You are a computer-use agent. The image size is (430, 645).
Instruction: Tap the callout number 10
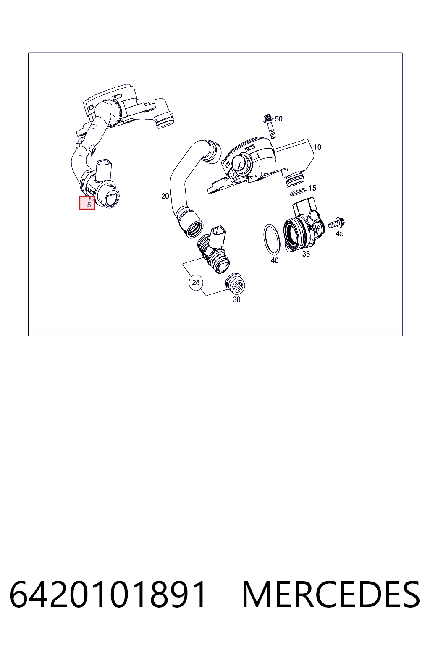point(317,147)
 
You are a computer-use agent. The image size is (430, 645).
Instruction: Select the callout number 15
point(312,188)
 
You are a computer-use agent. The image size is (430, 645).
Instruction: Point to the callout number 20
point(165,196)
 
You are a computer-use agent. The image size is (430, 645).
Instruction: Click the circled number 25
point(196,283)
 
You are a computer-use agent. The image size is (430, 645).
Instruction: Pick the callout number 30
point(236,299)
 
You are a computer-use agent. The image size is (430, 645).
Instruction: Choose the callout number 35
point(306,254)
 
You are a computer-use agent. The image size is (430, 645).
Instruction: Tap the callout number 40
point(275,260)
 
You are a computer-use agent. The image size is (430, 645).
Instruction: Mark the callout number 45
point(340,233)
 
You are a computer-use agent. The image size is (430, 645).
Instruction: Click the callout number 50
point(278,119)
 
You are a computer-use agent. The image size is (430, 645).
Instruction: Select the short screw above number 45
point(337,223)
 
